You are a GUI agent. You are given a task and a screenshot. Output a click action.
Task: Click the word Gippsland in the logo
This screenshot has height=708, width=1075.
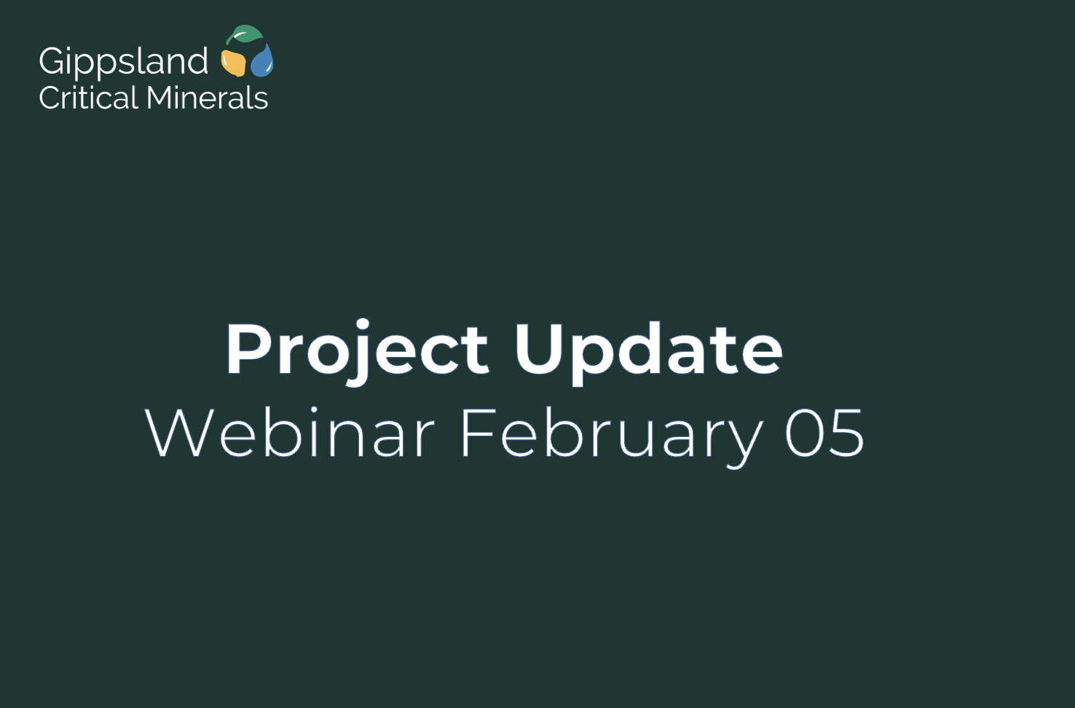point(123,63)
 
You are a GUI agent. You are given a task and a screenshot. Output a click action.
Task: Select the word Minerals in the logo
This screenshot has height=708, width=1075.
point(208,98)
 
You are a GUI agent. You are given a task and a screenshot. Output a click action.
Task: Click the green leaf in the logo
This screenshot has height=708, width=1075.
point(245,36)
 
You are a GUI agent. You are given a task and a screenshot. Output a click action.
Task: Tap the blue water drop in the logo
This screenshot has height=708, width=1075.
point(262,60)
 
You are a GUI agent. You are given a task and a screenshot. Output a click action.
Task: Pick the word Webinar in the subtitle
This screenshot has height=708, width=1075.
point(290,433)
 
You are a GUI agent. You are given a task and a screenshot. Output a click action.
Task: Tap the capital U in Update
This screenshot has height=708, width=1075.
point(540,349)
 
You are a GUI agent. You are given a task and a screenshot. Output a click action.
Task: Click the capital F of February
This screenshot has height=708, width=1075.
point(477,433)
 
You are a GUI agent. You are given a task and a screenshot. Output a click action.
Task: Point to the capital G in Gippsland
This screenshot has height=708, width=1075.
point(54,60)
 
